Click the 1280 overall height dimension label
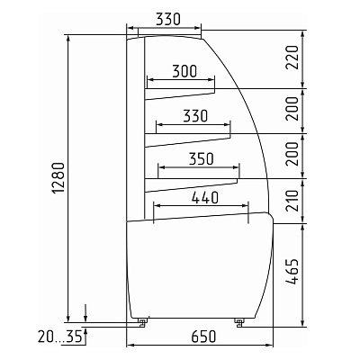tap(58, 178)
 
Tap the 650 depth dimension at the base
tap(203, 337)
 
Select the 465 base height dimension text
tap(292, 271)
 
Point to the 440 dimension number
tap(205, 198)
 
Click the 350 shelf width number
tap(201, 159)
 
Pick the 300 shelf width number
tap(184, 71)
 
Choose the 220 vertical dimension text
tap(292, 58)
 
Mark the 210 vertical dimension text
tap(292, 201)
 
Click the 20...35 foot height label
tap(59, 337)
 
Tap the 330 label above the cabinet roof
tap(168, 20)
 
